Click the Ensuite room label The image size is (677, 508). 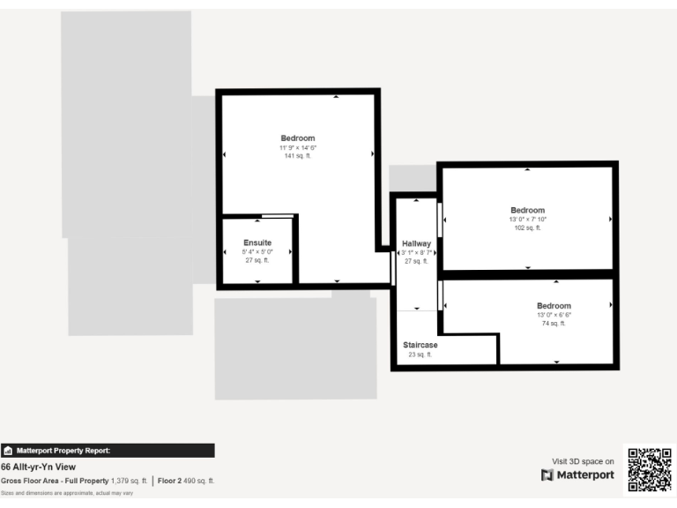(257, 243)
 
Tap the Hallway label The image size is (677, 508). (416, 243)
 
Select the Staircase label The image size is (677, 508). (420, 345)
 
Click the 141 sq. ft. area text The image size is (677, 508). (298, 156)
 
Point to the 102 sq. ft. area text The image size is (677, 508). (527, 228)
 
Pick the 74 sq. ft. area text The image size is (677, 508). (554, 324)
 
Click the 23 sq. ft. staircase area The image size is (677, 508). (420, 355)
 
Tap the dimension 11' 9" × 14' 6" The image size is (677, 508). (298, 147)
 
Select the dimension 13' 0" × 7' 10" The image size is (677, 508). (527, 219)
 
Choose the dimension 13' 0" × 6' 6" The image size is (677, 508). (554, 315)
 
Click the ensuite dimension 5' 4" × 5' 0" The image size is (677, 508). (257, 251)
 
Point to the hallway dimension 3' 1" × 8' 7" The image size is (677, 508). (416, 252)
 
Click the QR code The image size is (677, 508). (650, 470)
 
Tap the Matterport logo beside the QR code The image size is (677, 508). (577, 475)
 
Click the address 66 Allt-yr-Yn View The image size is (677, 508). (38, 467)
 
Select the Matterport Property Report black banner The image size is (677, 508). (108, 450)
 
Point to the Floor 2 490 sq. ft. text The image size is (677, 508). (186, 481)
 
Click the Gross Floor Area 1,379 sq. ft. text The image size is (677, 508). (74, 481)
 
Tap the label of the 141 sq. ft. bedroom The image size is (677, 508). (298, 138)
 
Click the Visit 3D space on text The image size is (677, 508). (583, 460)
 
